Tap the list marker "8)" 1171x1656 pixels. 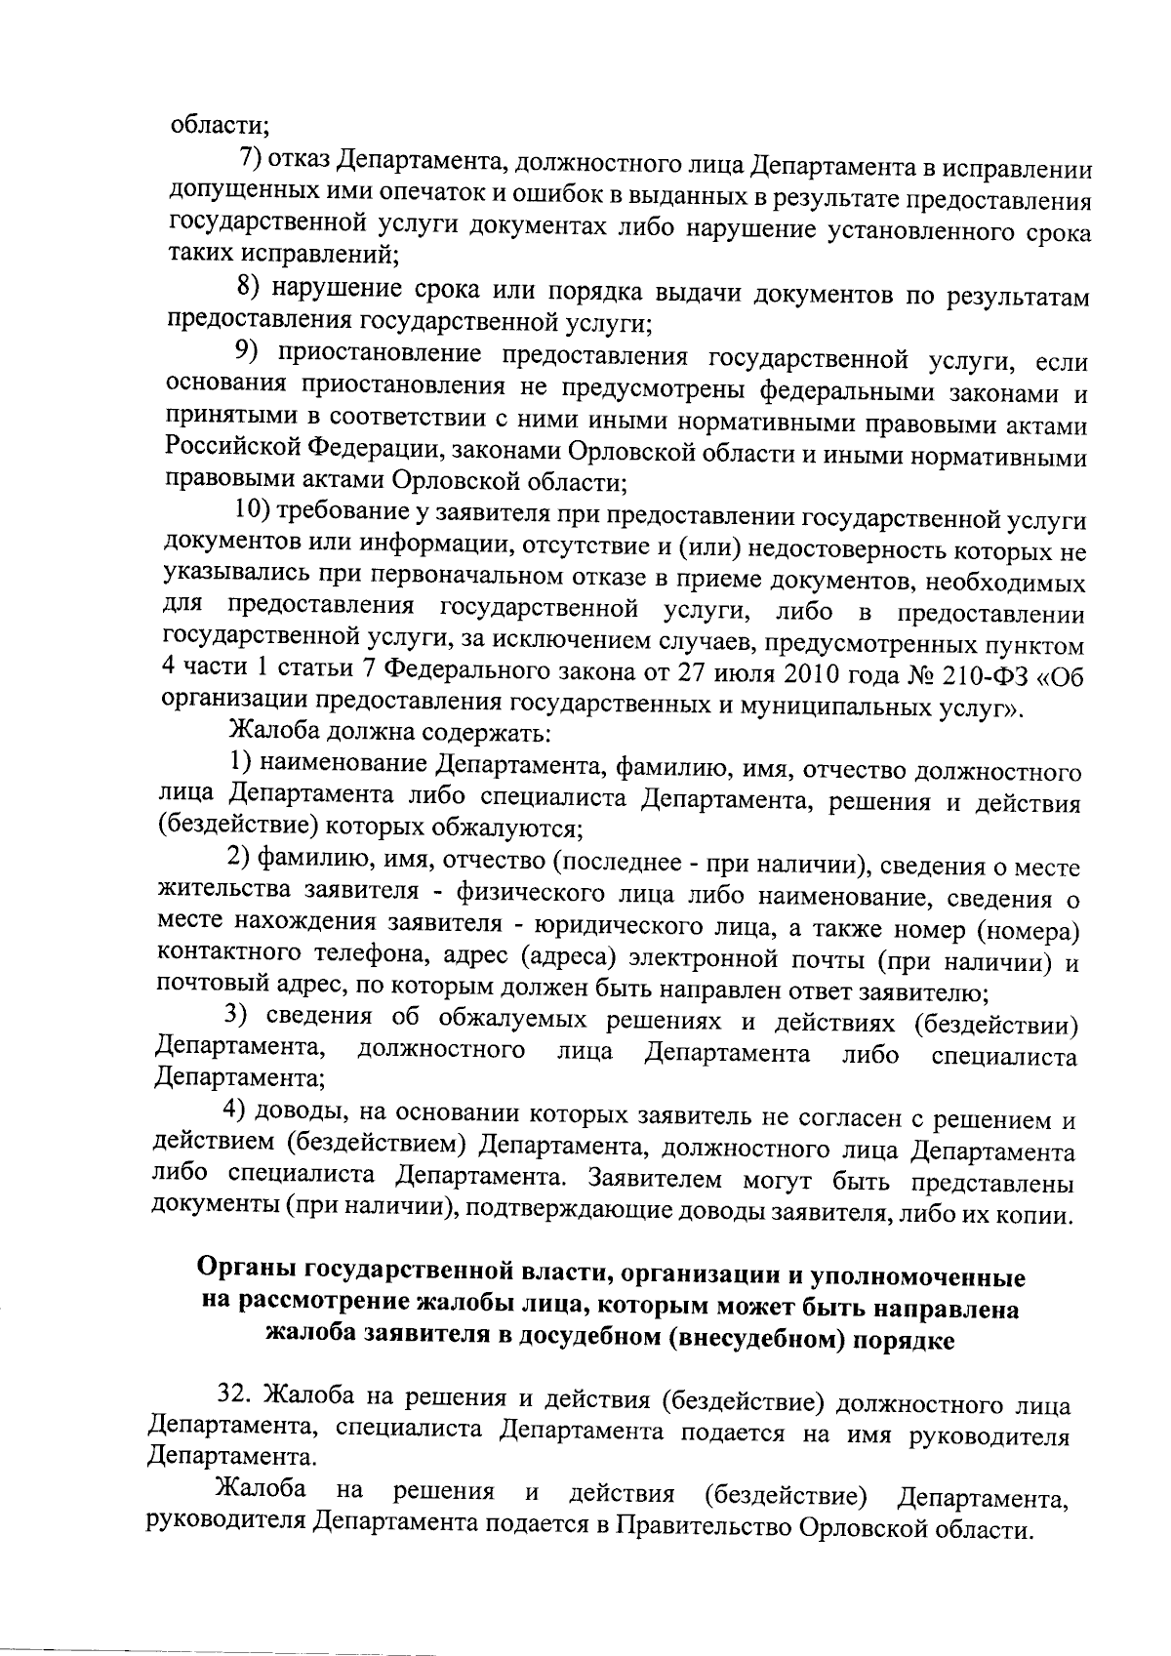point(251,289)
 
